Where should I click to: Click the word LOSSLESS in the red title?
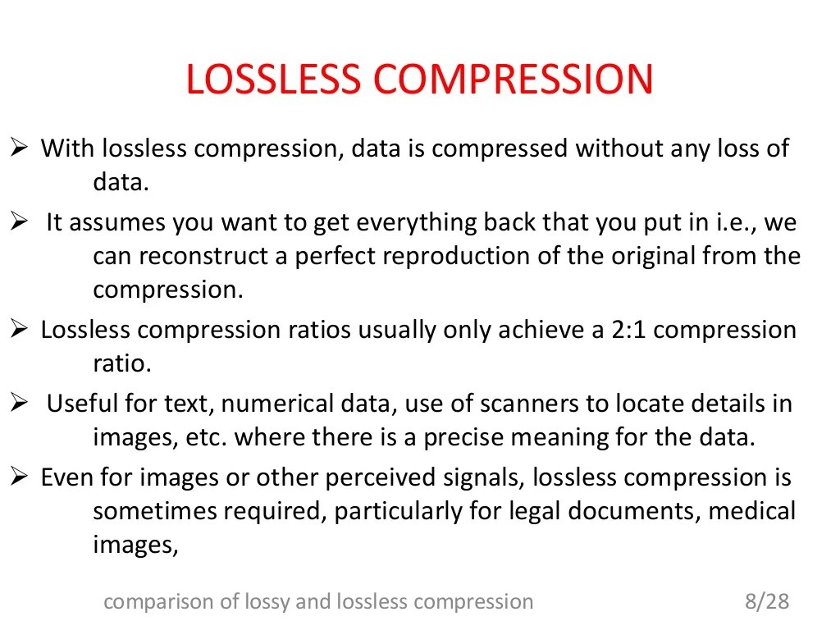[x=273, y=80]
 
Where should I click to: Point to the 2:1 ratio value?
[x=628, y=330]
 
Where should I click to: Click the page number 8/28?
[x=767, y=602]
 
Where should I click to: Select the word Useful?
[x=78, y=404]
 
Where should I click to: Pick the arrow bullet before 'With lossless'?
[x=21, y=148]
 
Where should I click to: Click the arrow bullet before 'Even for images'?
[x=21, y=477]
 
